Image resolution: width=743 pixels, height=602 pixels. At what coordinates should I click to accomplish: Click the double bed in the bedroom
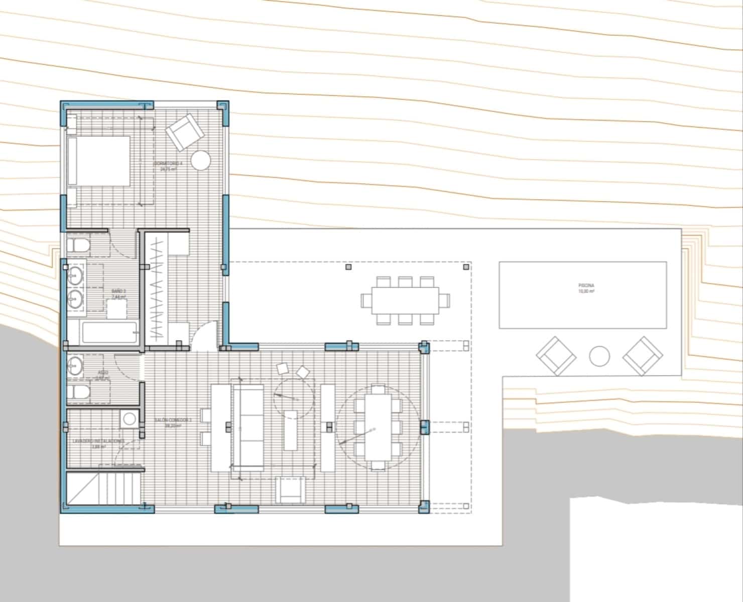point(98,161)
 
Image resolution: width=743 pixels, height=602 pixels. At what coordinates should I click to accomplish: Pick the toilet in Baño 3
point(78,246)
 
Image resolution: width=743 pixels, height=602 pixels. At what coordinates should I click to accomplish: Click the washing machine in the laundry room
point(130,418)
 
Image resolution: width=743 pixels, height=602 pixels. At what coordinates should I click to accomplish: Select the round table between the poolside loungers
point(599,356)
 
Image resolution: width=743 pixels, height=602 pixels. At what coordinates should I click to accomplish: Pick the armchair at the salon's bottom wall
point(290,490)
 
